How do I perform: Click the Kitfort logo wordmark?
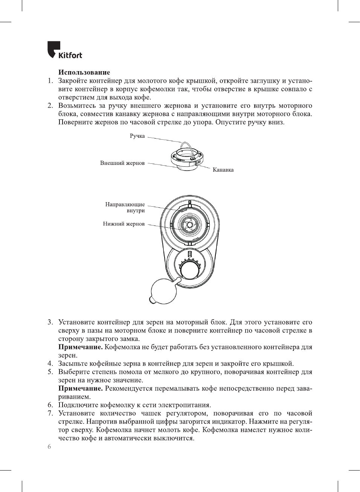point(70,55)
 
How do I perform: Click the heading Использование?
point(84,72)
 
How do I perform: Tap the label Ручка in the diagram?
point(137,136)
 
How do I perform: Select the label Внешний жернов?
point(122,163)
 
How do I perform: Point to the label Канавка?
point(223,170)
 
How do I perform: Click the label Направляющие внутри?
point(125,207)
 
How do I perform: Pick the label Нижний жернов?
point(124,224)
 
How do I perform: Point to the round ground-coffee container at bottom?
point(163,291)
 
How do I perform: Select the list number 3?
point(50,322)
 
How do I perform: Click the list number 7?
point(50,413)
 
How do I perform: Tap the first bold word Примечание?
point(80,347)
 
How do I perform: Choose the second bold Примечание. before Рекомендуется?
point(80,388)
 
